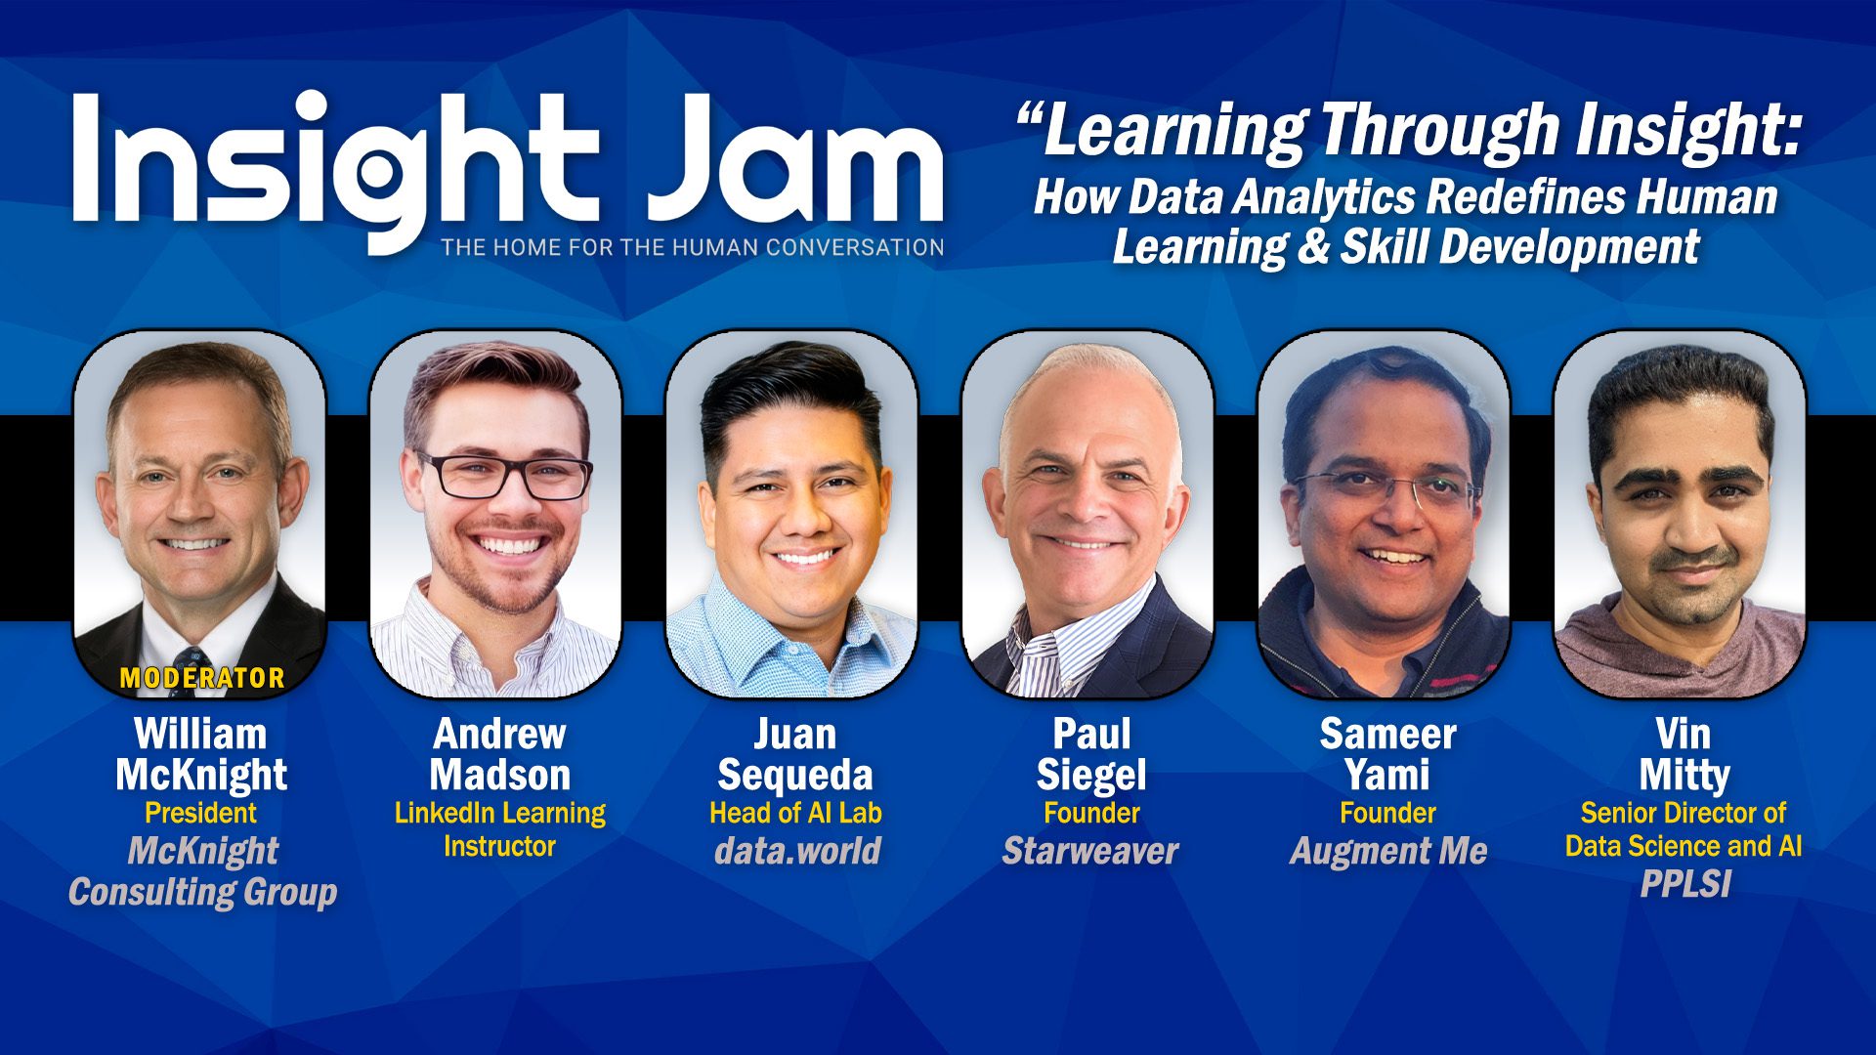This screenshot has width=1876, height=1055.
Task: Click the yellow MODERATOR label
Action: click(202, 678)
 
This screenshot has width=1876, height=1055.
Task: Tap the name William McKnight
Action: click(201, 754)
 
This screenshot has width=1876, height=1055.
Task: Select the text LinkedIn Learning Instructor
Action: click(499, 829)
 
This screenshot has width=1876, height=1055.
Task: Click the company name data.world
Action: click(797, 851)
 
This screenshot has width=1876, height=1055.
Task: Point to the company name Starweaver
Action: click(1090, 851)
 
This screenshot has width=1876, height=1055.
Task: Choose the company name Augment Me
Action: click(1388, 851)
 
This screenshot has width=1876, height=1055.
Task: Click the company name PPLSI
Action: click(1685, 884)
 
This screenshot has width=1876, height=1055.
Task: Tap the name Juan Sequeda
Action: click(795, 754)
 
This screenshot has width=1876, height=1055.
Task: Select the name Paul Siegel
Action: click(1091, 754)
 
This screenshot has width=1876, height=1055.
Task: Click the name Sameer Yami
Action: click(1387, 754)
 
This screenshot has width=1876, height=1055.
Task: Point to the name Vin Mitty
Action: click(1684, 754)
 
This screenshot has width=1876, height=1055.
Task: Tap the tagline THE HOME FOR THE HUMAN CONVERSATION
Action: click(693, 247)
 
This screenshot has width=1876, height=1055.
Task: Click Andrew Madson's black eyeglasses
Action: click(504, 476)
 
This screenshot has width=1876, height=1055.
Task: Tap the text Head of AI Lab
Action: click(795, 813)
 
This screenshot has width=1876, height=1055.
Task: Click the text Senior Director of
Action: click(1684, 813)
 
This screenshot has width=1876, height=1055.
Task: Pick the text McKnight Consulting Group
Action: click(202, 870)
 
